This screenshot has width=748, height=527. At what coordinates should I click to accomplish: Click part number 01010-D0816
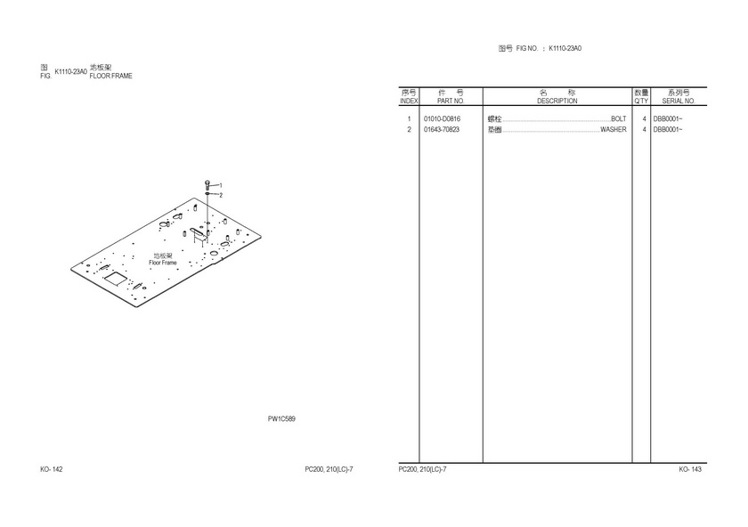pos(443,118)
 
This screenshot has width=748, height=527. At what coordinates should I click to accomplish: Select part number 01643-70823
pos(442,130)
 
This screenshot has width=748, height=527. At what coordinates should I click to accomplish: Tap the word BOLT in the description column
pos(618,118)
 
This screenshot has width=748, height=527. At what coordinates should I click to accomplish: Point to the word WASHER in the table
pos(613,130)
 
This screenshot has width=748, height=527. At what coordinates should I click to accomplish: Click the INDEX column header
pos(409,101)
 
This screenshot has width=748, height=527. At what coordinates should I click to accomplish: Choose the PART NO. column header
pos(451,101)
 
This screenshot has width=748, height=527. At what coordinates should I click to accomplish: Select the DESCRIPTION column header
pos(557,101)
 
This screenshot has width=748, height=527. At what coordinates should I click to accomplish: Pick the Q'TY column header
pos(641,101)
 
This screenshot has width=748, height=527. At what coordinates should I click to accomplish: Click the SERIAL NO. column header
pos(679,101)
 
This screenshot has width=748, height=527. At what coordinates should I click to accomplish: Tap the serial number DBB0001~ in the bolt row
pos(668,118)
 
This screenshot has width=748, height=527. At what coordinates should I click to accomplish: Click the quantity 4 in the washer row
pos(644,130)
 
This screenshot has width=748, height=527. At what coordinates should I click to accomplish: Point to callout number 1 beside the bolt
pos(221,185)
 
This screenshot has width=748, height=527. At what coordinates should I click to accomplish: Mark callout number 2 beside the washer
pos(221,195)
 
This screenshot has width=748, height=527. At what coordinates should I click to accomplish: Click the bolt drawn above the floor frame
pos(207,185)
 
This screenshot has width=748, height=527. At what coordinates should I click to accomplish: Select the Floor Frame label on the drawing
pos(163,263)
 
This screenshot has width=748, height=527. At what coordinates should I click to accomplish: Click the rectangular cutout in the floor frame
pos(116,279)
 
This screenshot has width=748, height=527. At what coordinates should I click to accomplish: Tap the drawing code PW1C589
pos(281,418)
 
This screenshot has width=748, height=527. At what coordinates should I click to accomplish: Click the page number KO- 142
pos(52,469)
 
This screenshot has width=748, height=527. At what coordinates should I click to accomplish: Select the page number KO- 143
pos(690,469)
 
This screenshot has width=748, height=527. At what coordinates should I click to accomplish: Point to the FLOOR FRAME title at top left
pos(110,76)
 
